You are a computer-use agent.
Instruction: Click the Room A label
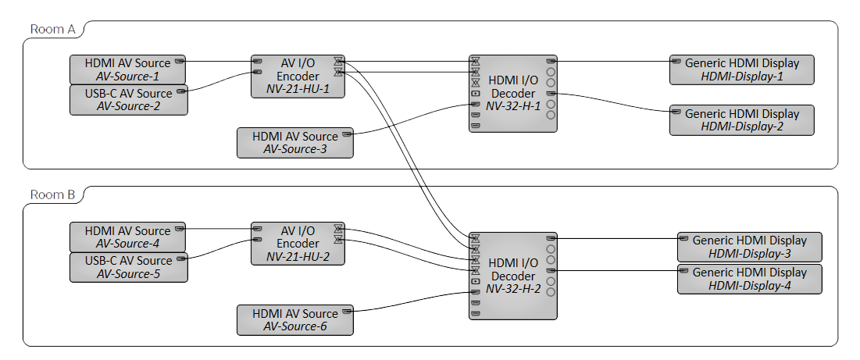click(52, 30)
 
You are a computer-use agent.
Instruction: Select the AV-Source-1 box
click(128, 70)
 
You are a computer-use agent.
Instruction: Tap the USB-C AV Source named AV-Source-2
click(128, 100)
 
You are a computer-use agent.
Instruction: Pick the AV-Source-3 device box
click(294, 143)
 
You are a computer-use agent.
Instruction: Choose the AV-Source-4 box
click(128, 237)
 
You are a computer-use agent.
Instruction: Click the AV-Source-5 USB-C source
click(128, 267)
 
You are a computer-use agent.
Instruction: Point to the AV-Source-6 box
click(294, 320)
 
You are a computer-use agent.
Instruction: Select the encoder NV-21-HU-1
click(298, 76)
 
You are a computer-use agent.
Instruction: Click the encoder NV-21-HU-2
click(298, 243)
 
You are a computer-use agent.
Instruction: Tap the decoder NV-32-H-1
click(512, 93)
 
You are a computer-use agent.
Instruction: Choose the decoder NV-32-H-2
click(512, 276)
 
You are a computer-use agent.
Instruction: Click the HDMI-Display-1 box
click(742, 70)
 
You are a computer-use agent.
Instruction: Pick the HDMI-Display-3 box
click(750, 246)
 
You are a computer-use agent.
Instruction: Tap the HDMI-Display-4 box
click(750, 279)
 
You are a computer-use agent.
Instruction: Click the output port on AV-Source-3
click(346, 136)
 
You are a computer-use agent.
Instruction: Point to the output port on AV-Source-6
click(346, 312)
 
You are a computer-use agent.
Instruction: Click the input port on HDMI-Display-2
click(676, 112)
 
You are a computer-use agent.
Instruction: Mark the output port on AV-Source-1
click(179, 60)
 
